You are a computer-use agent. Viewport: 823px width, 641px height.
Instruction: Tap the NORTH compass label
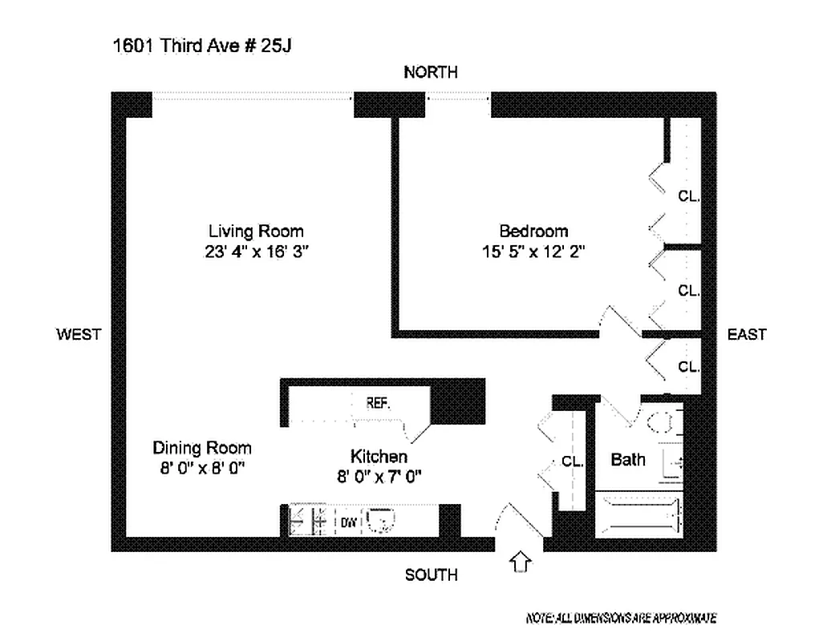(431, 72)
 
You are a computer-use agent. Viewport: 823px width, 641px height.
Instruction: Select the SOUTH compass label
(431, 574)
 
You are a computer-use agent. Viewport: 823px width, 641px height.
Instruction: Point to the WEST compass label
(79, 334)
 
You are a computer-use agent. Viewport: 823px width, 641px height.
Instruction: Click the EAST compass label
(746, 334)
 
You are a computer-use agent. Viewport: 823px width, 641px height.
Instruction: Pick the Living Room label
(256, 232)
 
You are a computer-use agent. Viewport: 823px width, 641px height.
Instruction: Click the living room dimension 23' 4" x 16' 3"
(257, 252)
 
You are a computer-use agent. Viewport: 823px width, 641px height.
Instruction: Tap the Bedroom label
(533, 232)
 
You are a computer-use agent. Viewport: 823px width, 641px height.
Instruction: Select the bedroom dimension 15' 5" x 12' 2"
(533, 252)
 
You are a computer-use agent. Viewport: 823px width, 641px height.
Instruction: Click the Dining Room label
(202, 448)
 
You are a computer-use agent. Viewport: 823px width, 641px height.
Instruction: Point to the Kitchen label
(379, 456)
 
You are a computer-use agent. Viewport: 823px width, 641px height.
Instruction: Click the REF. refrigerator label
(378, 403)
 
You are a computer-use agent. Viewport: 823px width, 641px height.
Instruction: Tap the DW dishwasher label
(348, 522)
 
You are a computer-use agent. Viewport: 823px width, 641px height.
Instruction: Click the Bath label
(628, 460)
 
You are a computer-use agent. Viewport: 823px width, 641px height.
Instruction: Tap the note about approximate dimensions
(620, 618)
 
